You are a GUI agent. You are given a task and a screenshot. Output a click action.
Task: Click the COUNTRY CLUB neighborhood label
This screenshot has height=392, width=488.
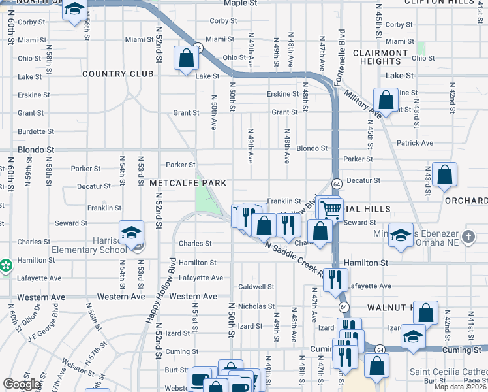pyautogui.click(x=118, y=74)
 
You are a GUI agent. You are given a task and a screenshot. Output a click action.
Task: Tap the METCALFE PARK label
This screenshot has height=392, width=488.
pyautogui.click(x=187, y=182)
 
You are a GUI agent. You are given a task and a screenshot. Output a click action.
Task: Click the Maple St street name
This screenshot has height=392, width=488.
pyautogui.click(x=237, y=3)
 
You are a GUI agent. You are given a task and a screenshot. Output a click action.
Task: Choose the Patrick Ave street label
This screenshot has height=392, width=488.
pyautogui.click(x=414, y=143)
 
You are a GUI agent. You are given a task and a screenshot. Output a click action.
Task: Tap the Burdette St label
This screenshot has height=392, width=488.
pyautogui.click(x=31, y=131)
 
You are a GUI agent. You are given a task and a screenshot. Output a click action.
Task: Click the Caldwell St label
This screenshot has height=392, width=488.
pyautogui.click(x=256, y=287)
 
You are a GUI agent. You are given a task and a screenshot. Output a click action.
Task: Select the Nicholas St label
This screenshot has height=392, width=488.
pyautogui.click(x=256, y=306)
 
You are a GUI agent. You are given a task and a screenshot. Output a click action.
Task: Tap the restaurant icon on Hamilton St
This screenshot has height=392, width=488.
pyautogui.click(x=336, y=279)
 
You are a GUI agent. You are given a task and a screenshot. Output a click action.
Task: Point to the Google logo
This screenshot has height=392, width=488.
pyautogui.click(x=22, y=384)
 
